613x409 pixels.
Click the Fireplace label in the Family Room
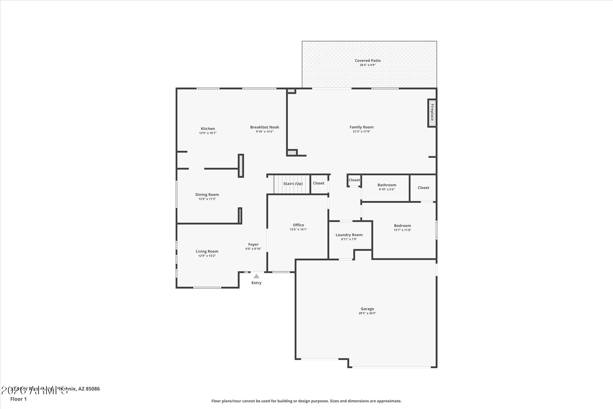click(x=432, y=112)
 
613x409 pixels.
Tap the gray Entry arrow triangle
click(x=256, y=276)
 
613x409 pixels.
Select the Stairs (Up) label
click(x=293, y=183)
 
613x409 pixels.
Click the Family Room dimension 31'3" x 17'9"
click(x=361, y=132)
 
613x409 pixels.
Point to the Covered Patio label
click(x=367, y=60)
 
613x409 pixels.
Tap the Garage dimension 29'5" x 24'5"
click(x=367, y=313)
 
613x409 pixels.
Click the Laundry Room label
click(x=349, y=235)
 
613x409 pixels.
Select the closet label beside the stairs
click(x=318, y=183)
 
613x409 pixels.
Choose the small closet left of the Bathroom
click(x=354, y=180)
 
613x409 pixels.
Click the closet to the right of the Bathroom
click(x=423, y=187)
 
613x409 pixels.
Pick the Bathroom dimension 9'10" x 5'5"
click(x=386, y=189)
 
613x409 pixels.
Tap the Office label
click(x=298, y=225)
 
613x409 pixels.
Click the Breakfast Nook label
click(x=265, y=127)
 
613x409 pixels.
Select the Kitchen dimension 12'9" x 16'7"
click(x=208, y=133)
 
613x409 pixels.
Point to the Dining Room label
click(x=207, y=195)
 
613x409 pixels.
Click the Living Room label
click(x=207, y=251)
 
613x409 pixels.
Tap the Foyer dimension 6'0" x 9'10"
click(x=253, y=249)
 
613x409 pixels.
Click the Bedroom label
click(x=402, y=226)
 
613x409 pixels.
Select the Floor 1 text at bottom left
click(x=18, y=399)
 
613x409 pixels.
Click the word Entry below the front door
click(x=256, y=283)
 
